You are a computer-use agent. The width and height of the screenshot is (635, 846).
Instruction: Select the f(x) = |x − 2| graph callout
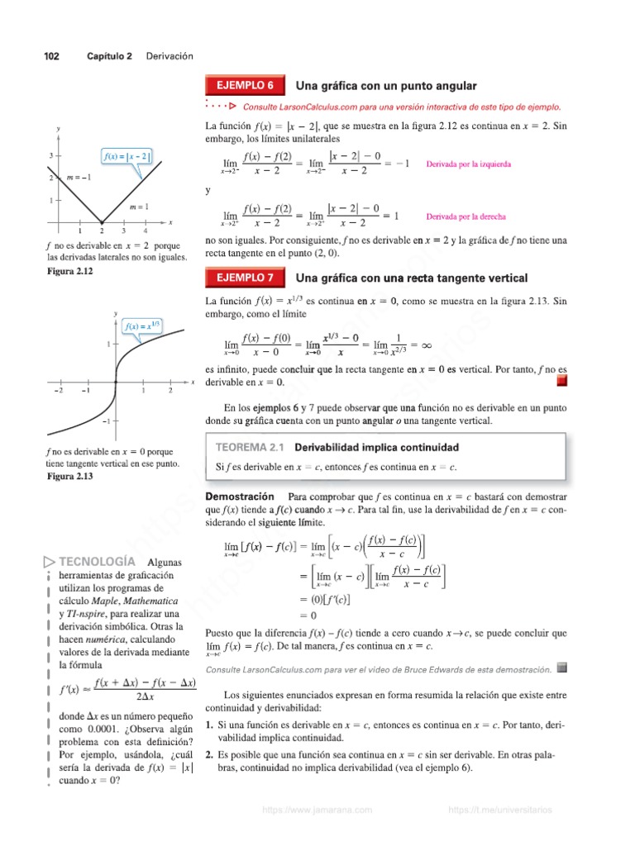click(x=126, y=155)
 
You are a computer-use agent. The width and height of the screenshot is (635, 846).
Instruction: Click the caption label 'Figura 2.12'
click(x=70, y=271)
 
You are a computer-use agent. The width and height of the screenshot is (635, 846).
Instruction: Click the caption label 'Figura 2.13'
click(x=70, y=477)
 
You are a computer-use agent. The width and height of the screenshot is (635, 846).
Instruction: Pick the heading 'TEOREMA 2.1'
click(x=249, y=447)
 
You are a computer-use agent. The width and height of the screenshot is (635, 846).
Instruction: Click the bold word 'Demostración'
click(x=239, y=497)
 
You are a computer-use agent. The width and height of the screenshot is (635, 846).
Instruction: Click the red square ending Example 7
click(x=561, y=381)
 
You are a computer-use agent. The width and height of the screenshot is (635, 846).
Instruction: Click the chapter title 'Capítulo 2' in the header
click(x=109, y=56)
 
